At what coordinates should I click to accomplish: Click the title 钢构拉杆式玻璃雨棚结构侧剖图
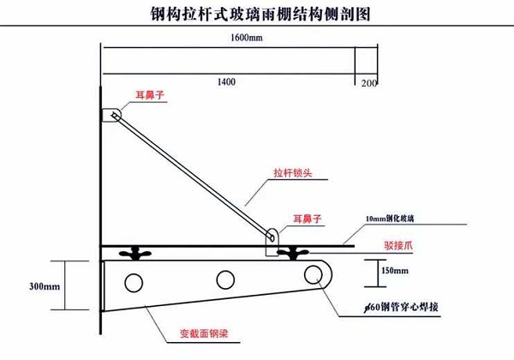pyautogui.click(x=256, y=15)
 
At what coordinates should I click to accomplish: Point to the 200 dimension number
pyautogui.click(x=368, y=82)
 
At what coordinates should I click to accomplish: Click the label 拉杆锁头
pyautogui.click(x=293, y=171)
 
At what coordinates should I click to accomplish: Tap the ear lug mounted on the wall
pyautogui.click(x=112, y=114)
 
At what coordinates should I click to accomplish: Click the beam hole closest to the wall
pyautogui.click(x=133, y=282)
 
